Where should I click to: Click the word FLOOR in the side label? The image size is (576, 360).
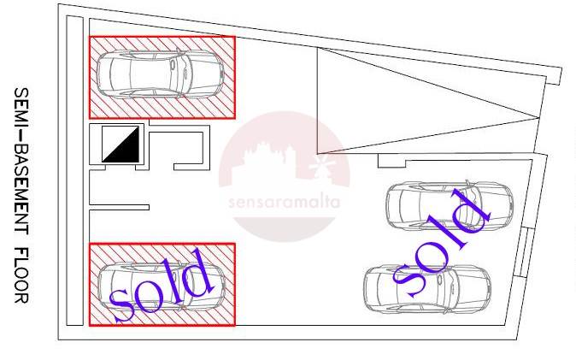[21, 275]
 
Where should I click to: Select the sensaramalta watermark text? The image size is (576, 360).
[284, 203]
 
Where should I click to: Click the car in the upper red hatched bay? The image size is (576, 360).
[160, 74]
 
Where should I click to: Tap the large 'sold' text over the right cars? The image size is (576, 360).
[441, 243]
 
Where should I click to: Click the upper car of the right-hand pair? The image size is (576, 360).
[450, 205]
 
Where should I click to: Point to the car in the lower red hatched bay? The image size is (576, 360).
[162, 286]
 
